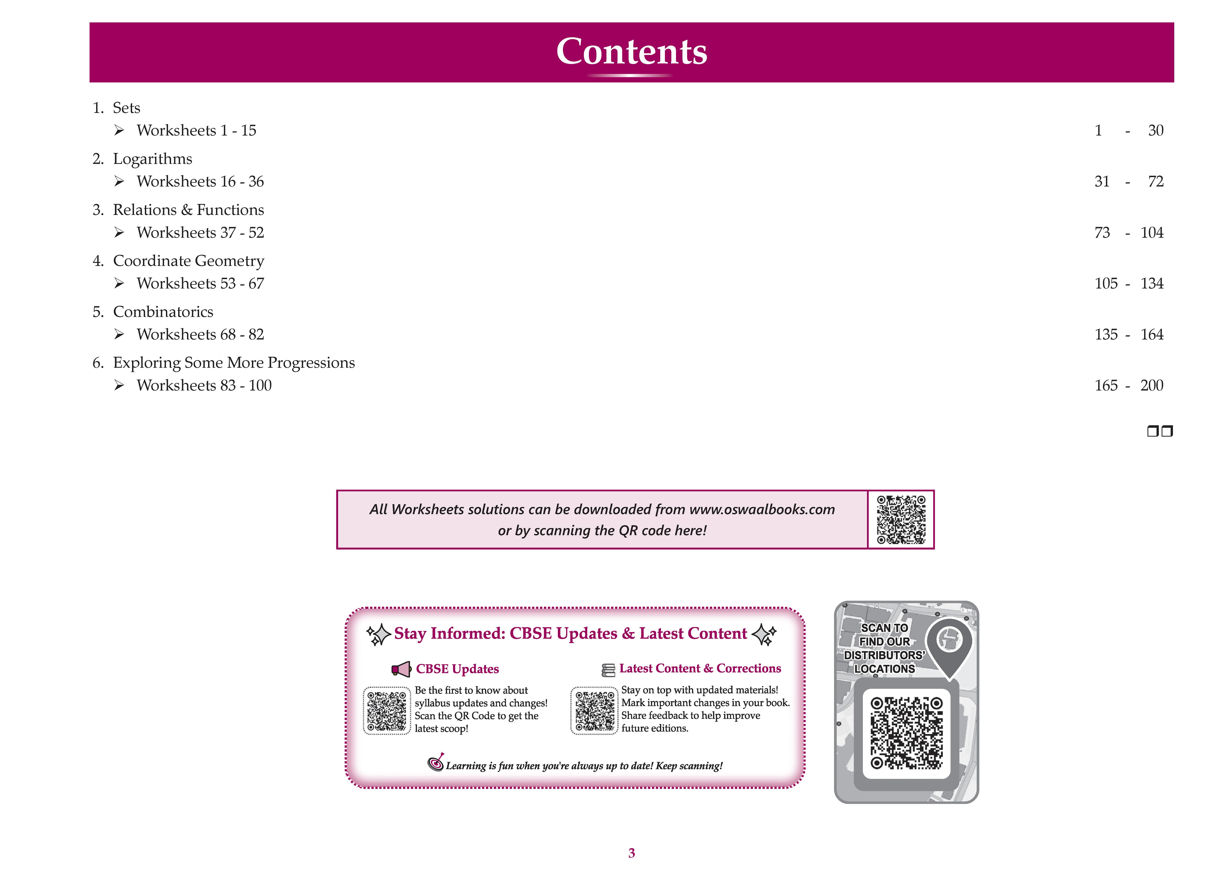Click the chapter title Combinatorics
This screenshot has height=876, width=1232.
[163, 312]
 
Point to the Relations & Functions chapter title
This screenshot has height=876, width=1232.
[188, 210]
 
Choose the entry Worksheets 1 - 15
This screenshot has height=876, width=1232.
[196, 130]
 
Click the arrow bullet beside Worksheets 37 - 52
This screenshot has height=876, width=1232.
[119, 232]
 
